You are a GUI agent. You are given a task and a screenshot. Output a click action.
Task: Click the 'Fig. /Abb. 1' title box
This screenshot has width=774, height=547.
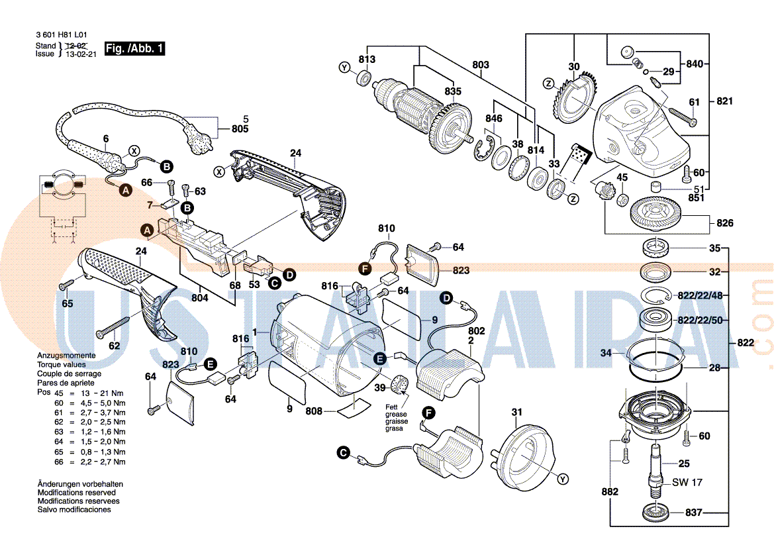pyautogui.click(x=135, y=49)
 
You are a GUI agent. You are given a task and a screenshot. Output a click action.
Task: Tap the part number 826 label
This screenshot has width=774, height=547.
pyautogui.click(x=725, y=223)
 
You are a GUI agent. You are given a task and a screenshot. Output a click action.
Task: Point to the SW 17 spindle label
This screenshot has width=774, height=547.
pyautogui.click(x=687, y=483)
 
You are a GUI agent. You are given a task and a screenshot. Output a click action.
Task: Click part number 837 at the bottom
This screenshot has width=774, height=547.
pyautogui.click(x=693, y=513)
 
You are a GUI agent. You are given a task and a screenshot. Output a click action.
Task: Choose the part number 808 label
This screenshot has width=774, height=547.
pyautogui.click(x=314, y=411)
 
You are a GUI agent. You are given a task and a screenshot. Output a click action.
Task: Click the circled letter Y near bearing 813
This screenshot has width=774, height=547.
pyautogui.click(x=344, y=68)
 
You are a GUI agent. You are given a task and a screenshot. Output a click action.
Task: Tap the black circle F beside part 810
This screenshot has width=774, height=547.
pyautogui.click(x=363, y=268)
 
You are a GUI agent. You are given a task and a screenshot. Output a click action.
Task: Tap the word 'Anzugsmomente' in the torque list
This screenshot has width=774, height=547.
pyautogui.click(x=66, y=356)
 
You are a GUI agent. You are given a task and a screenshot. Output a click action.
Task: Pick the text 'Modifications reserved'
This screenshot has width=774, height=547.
pyautogui.click(x=77, y=493)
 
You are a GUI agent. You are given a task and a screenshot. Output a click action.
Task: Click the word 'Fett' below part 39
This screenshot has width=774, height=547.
pyautogui.click(x=393, y=407)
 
